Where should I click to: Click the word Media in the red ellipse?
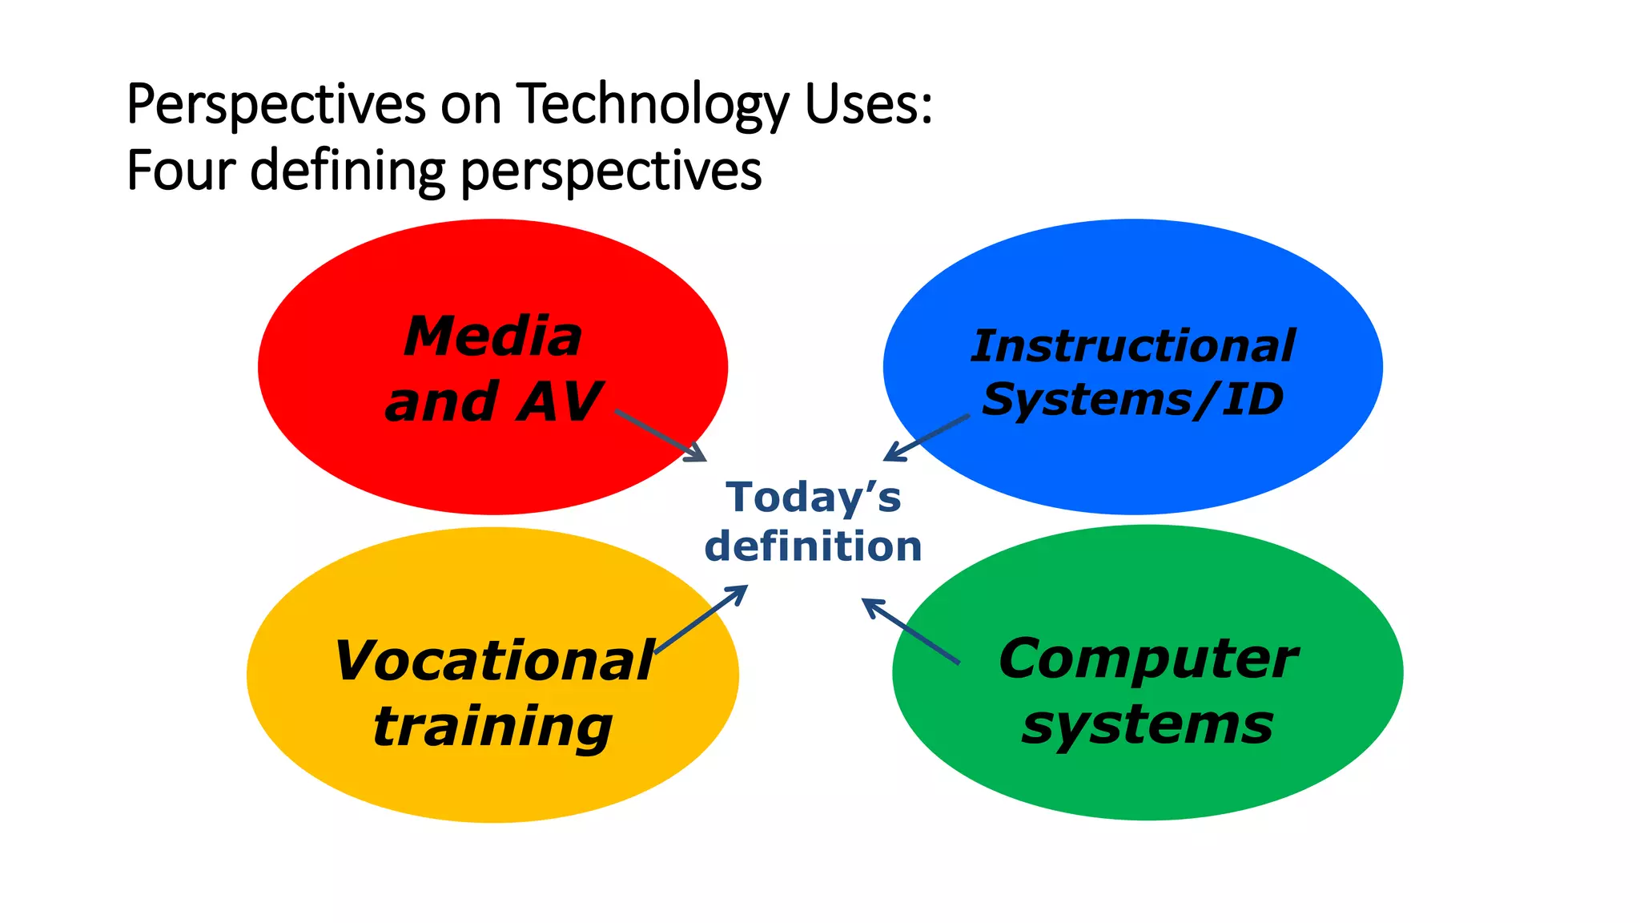click(x=493, y=337)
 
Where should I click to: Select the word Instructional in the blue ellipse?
click(x=1132, y=346)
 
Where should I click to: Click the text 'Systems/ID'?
click(x=1132, y=399)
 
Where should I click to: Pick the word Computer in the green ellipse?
click(x=1148, y=659)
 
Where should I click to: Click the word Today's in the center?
click(x=814, y=497)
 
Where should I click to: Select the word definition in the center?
click(x=814, y=546)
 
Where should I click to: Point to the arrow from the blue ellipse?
click(x=927, y=437)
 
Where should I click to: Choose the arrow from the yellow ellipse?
click(x=701, y=619)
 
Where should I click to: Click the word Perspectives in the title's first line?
click(x=276, y=104)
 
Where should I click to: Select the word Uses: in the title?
click(x=869, y=104)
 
